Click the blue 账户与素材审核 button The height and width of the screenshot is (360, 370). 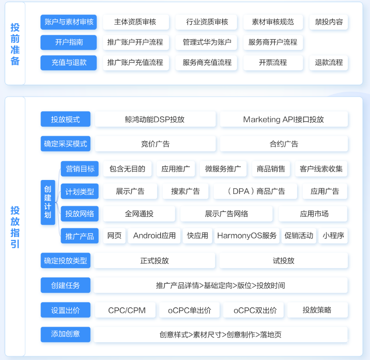[x=69, y=22]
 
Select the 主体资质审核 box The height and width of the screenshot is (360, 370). [x=135, y=22]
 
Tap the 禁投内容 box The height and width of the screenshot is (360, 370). [x=329, y=22]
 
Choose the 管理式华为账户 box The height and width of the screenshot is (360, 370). [x=207, y=42]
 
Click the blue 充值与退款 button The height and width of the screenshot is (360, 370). [x=69, y=62]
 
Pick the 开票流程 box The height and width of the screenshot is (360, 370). [x=273, y=62]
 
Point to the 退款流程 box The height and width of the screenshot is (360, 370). [x=329, y=62]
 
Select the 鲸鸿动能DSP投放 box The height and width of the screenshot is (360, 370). [x=155, y=119]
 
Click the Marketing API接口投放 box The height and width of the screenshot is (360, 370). [x=284, y=119]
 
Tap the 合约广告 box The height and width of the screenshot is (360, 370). [x=284, y=144]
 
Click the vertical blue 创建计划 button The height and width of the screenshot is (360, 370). [x=48, y=202]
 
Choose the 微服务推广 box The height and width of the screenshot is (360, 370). [x=223, y=169]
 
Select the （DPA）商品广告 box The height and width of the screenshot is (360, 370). [x=256, y=191]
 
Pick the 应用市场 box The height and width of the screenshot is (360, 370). [x=314, y=214]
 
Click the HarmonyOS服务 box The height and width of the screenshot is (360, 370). [x=247, y=236]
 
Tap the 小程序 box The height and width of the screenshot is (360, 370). [x=333, y=236]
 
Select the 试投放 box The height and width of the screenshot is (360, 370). [x=284, y=261]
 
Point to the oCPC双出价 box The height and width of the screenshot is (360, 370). [x=255, y=310]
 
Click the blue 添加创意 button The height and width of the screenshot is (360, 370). [x=65, y=334]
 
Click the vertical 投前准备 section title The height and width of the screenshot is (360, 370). [x=15, y=44]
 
